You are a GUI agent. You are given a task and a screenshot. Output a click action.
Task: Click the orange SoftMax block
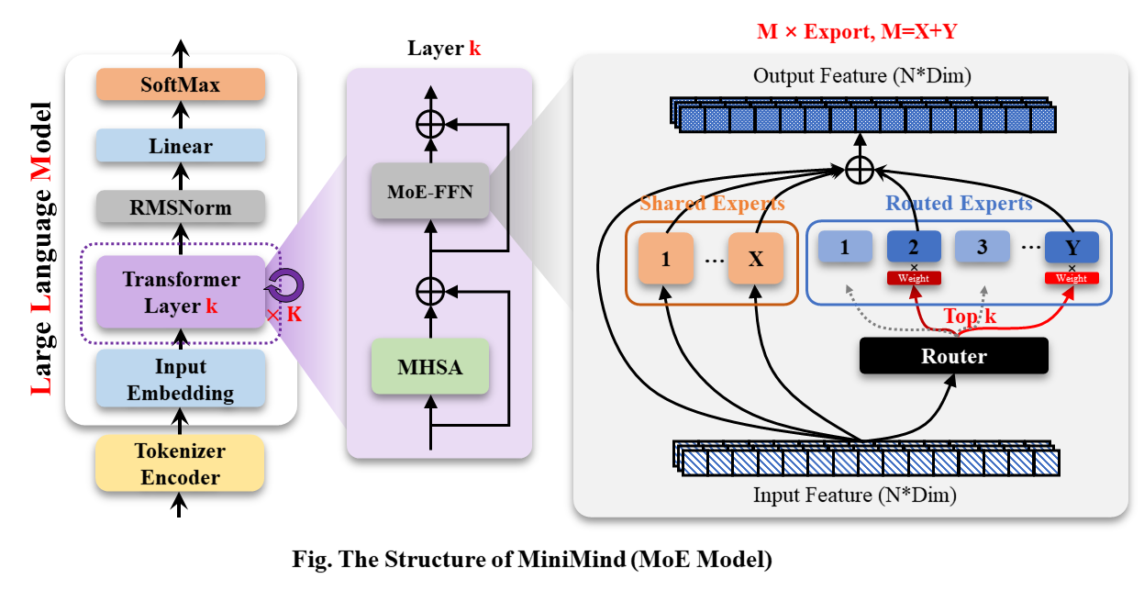pyautogui.click(x=181, y=85)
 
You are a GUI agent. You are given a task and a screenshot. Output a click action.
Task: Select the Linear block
pyautogui.click(x=181, y=147)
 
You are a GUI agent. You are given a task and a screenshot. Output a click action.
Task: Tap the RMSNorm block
pyautogui.click(x=181, y=208)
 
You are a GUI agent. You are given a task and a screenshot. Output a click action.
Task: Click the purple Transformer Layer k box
pyautogui.click(x=181, y=293)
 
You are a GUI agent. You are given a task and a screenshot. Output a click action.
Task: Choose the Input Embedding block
pyautogui.click(x=181, y=380)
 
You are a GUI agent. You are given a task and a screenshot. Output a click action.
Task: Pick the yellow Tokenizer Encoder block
pyautogui.click(x=181, y=464)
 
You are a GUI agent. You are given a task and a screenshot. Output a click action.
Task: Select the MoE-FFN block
pyautogui.click(x=429, y=191)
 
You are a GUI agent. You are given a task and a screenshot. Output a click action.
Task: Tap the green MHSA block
pyautogui.click(x=429, y=368)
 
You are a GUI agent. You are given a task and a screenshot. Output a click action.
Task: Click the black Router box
pyautogui.click(x=953, y=356)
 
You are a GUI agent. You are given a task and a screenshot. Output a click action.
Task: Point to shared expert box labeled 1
pyautogui.click(x=666, y=259)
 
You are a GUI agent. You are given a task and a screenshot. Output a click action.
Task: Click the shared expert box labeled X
pyautogui.click(x=756, y=259)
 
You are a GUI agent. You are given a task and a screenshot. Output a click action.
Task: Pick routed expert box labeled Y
pyautogui.click(x=1072, y=248)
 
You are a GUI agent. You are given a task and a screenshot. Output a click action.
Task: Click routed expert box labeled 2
pyautogui.click(x=914, y=247)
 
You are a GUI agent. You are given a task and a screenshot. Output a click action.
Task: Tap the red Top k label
pyautogui.click(x=971, y=317)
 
